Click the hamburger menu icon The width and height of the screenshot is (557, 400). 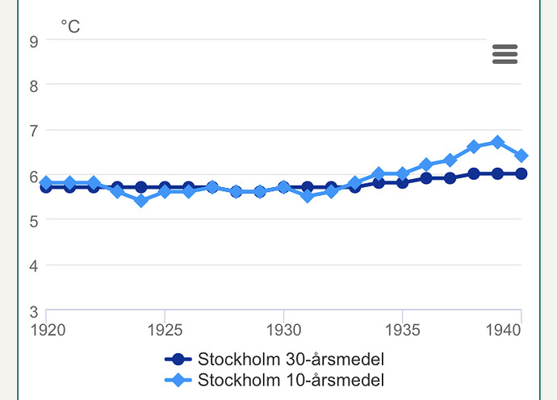click(x=505, y=54)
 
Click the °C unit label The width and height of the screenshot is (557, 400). click(x=70, y=27)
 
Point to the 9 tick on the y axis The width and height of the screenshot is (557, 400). click(x=34, y=42)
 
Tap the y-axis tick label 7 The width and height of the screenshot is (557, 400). click(x=34, y=131)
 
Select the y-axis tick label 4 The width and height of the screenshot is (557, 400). click(x=34, y=266)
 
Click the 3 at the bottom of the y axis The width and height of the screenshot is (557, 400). click(x=34, y=312)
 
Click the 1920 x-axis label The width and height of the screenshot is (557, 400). click(x=48, y=330)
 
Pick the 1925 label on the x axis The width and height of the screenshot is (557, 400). click(x=165, y=330)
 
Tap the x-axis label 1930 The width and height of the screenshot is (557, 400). click(x=284, y=330)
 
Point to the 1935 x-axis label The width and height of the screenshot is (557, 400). click(x=403, y=330)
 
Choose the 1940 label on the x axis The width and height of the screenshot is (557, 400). click(x=503, y=330)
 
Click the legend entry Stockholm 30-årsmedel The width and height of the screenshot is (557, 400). click(x=274, y=359)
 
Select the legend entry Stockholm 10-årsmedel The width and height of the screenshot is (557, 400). click(x=274, y=380)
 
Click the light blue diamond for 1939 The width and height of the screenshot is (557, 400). click(x=497, y=142)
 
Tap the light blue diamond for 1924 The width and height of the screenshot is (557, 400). click(x=141, y=201)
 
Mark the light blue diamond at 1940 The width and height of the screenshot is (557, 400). click(x=521, y=156)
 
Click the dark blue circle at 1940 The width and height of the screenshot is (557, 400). click(x=521, y=173)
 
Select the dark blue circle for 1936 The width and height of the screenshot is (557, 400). click(x=426, y=178)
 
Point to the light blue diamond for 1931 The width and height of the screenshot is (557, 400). click(x=308, y=196)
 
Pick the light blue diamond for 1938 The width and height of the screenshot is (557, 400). click(x=474, y=147)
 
